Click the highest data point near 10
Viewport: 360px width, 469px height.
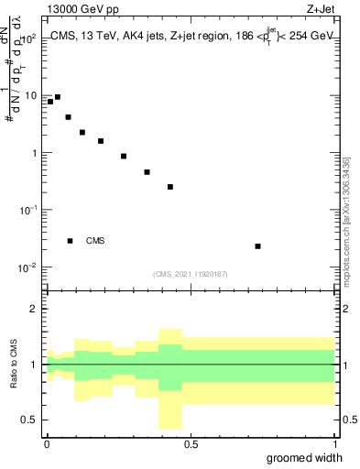[58, 97]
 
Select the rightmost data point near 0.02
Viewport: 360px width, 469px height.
[258, 246]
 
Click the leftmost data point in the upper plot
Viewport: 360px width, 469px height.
[50, 102]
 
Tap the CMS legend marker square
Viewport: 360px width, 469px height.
[71, 241]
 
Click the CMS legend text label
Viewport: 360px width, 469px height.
[95, 241]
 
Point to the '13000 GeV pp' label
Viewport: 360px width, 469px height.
[81, 11]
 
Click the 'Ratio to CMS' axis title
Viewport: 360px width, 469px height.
[14, 365]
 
